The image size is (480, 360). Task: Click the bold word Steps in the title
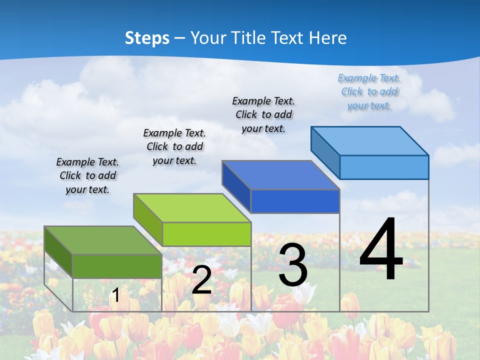[x=147, y=38]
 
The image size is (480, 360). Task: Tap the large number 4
[x=381, y=250]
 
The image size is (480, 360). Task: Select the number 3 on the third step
[x=293, y=265]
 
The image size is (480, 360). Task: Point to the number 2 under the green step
[x=202, y=280]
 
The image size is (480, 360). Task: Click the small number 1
[x=116, y=295]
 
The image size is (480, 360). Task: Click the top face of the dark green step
[x=102, y=240]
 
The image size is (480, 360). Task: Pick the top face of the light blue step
[x=370, y=140]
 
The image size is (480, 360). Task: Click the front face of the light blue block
[x=384, y=167]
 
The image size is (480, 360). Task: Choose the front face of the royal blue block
[x=295, y=201]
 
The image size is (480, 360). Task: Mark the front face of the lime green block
[x=206, y=234]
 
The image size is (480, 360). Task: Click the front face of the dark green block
[x=117, y=266]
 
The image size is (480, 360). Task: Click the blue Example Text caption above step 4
[x=369, y=91]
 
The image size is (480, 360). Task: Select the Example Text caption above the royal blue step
[x=263, y=114]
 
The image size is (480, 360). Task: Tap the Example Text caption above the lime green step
[x=174, y=146]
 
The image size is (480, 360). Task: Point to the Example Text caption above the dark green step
[x=87, y=175]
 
